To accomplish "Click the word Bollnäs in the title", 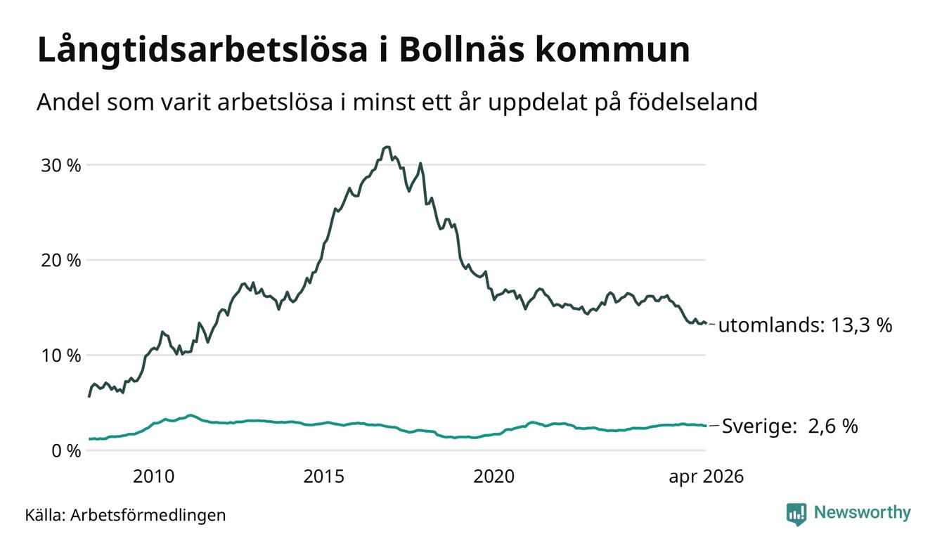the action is (x=462, y=50).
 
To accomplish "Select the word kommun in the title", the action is (x=613, y=50).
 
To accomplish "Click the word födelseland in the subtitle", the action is (x=693, y=102).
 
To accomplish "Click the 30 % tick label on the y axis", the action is (x=61, y=166).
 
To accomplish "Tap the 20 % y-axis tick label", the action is (x=61, y=261).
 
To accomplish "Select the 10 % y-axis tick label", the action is (x=61, y=356).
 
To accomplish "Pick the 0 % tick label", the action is (x=67, y=451).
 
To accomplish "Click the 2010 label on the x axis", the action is (x=153, y=476).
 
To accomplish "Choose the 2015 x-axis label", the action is (x=324, y=476).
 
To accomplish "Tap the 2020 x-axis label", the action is (x=494, y=476).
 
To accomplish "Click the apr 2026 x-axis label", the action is (x=706, y=477).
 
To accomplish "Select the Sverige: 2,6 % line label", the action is (x=790, y=426).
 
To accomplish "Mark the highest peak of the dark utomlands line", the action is (x=387, y=147).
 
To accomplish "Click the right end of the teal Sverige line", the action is (x=706, y=426).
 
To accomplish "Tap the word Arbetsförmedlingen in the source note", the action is (x=148, y=515).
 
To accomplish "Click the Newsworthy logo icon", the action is (x=796, y=514).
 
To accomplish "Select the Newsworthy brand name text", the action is (x=863, y=513).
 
